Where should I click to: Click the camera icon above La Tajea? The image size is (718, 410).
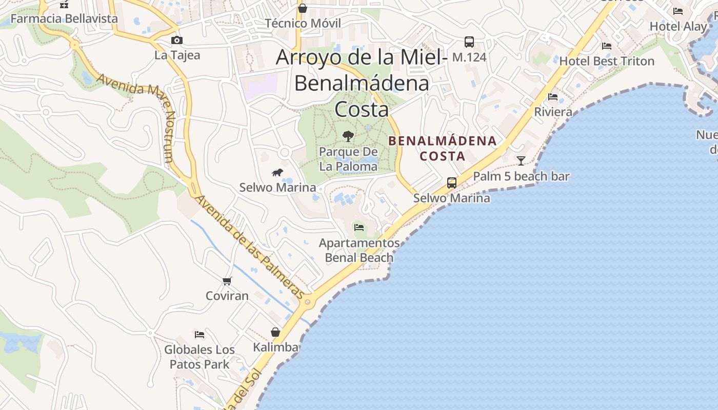point(176,40)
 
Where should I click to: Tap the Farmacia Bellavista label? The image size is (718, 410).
point(64,19)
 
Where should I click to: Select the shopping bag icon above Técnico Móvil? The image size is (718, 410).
point(303,8)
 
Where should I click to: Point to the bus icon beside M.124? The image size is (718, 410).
point(469,42)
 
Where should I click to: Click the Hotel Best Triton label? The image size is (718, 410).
point(607,61)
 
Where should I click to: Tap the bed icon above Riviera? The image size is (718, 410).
point(553,96)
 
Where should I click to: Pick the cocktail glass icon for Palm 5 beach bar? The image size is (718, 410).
point(521,161)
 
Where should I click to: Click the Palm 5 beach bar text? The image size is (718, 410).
point(521,177)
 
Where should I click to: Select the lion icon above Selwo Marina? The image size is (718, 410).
point(277,172)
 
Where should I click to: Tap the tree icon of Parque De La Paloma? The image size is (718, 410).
point(348,136)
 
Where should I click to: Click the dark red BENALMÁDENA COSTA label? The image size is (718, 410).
point(443,148)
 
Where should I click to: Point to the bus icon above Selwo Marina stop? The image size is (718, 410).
point(452,182)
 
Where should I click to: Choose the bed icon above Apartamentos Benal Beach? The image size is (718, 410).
point(359,227)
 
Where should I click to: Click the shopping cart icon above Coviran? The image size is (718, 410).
point(227,281)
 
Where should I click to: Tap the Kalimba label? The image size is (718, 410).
point(275,347)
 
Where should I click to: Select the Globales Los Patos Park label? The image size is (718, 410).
point(200,357)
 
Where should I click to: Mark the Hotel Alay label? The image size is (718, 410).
point(678,26)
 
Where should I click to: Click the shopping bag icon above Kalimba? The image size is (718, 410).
point(275,332)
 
